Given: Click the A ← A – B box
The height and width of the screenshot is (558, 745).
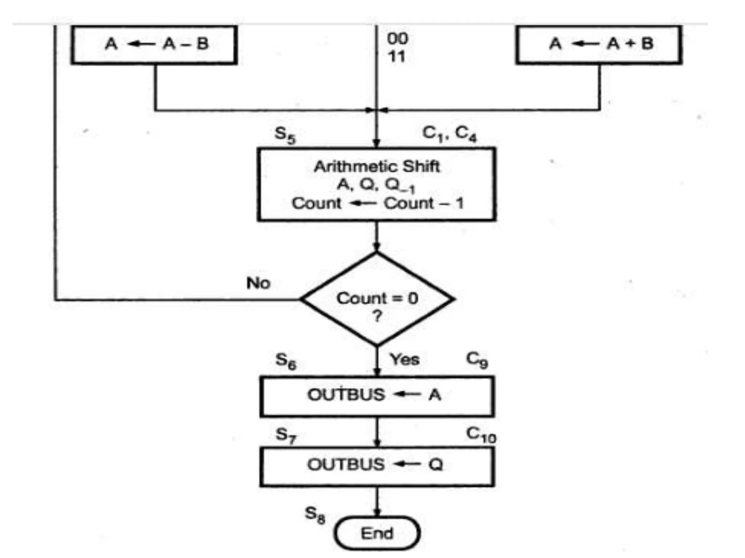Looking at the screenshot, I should pos(155,44).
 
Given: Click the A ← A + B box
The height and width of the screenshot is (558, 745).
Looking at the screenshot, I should pos(599,44).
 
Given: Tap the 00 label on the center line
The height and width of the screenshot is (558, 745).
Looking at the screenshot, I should pos(397,39).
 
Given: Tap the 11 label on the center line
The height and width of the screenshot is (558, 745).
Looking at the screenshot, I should pos(397,56).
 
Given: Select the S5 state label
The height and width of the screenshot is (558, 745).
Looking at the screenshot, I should pos(285,135).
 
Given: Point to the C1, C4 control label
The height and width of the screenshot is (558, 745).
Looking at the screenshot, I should pos(449,134).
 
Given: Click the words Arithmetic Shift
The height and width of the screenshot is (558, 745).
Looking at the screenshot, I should pos(377,166).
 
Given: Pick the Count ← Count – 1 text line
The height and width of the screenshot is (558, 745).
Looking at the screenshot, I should pos(378,203).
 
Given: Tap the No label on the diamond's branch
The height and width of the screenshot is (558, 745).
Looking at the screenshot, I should pos(258,283).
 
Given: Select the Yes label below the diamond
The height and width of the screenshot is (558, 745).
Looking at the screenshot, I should pos(405,359).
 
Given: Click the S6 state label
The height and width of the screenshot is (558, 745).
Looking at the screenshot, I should pos(286,361).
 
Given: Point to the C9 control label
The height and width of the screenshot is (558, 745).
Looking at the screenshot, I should pos(477,359).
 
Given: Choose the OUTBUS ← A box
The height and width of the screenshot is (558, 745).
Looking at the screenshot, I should pos(377,396).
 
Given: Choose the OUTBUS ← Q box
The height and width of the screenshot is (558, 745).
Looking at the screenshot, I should pos(377,466).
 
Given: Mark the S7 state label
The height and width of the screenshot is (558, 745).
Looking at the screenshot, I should pos(286,435).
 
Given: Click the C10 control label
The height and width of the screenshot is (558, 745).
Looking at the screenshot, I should pos(481,434).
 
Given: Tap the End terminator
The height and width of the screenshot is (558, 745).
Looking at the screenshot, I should pos(377,533).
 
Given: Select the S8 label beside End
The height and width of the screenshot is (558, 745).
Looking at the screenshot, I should pos(315,514).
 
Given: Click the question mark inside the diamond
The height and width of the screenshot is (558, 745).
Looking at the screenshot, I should pos(377,316).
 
